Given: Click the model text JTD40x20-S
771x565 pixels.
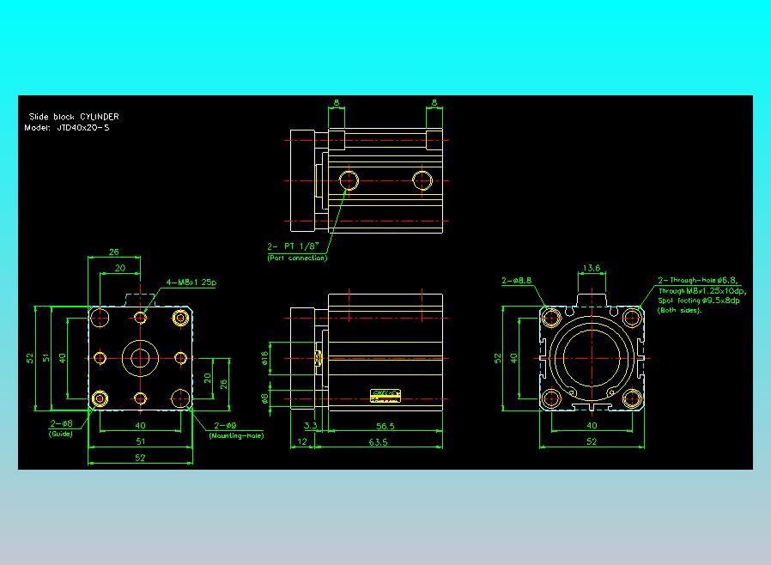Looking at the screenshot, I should point(82,128).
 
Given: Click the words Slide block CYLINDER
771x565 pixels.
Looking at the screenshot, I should point(74,116).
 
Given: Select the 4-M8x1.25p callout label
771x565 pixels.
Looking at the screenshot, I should point(191,282).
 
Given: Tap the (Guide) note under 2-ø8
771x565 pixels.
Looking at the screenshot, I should point(60,434).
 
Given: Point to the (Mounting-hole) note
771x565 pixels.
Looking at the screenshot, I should point(236,436).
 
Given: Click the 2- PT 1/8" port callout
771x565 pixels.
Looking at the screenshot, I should point(295,246).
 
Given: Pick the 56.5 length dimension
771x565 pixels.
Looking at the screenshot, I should point(385,426).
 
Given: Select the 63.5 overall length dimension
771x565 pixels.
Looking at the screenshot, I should point(378,442).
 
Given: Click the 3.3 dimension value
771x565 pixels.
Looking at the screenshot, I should point(311,426).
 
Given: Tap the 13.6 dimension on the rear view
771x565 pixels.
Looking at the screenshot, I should point(592,268).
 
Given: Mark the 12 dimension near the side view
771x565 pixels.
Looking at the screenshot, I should point(301,442).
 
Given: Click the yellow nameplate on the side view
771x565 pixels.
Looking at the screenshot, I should point(386,395).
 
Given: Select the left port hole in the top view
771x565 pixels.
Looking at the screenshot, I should point(349,181).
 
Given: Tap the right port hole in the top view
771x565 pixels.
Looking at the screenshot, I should point(422,181).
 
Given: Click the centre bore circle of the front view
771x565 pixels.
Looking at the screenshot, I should point(140,357).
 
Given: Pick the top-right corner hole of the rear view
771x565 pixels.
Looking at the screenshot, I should point(633,318).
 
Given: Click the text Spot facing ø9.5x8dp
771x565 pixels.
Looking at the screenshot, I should point(699,301).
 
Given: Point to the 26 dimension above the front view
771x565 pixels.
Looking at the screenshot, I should point(114,252).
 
